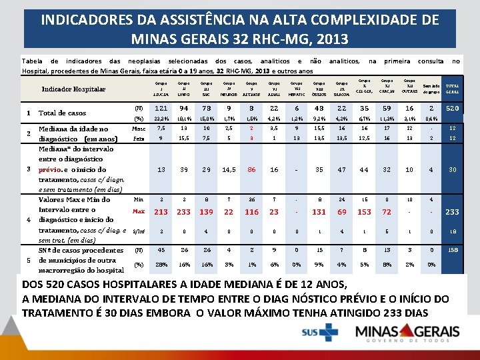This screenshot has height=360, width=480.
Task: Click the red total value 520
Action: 452,109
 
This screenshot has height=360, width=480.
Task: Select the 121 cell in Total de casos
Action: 161,109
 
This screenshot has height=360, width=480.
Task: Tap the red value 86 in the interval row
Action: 251,170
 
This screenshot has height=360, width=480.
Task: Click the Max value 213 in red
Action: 161,212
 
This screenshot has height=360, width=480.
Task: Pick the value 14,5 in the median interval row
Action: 229,170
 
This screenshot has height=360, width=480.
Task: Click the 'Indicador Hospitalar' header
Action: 73,89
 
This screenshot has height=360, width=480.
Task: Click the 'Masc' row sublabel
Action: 139,129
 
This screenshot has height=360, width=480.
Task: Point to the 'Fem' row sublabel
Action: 139,139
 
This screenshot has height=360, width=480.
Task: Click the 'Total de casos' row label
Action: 63,113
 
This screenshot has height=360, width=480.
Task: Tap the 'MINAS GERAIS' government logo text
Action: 406,331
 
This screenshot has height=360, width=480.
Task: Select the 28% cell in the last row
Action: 161,264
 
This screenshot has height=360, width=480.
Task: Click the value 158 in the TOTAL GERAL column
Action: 452,251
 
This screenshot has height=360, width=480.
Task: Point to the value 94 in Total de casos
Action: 183,109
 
